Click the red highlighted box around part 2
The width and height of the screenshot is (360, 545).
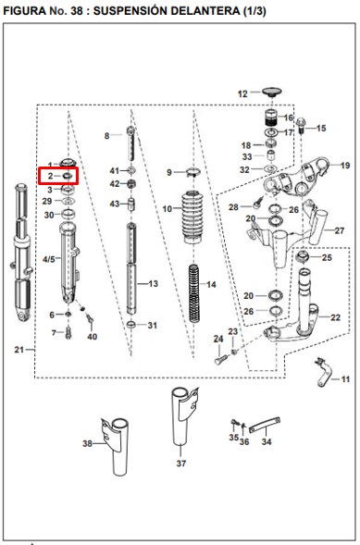point(58,174)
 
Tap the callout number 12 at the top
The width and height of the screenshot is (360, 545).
point(243,93)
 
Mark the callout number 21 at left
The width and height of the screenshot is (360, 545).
point(19,350)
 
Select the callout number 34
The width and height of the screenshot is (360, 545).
point(266,441)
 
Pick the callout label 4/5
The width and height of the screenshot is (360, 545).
point(49,259)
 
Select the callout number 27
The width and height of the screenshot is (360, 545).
point(339,230)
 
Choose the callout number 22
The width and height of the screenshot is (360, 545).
point(335,317)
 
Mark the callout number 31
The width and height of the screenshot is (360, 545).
point(153,325)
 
